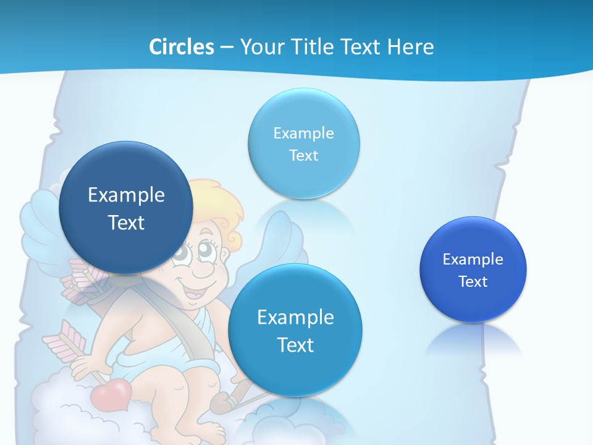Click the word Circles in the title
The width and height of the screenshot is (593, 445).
[182, 46]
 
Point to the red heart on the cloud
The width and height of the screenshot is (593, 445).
[112, 392]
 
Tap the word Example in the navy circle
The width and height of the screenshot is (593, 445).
[126, 195]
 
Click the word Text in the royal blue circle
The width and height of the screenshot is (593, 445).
[473, 281]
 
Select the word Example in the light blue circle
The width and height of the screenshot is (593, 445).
[303, 133]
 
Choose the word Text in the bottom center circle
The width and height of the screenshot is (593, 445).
[295, 344]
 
